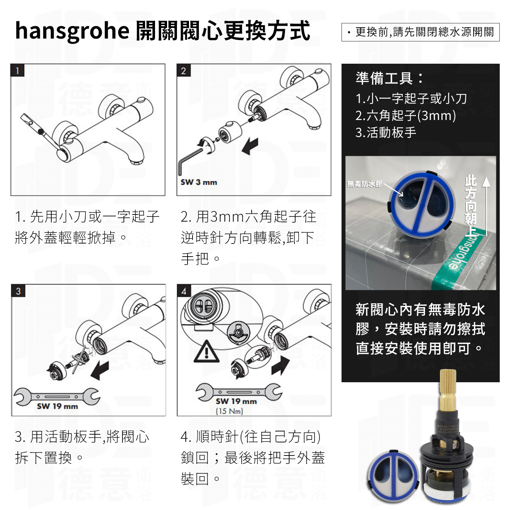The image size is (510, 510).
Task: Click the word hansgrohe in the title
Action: (72, 31)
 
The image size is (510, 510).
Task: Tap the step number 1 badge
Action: (17, 70)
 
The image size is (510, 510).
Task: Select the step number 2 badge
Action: (183, 70)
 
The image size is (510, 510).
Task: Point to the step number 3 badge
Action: (18, 291)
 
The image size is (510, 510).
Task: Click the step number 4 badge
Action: (184, 291)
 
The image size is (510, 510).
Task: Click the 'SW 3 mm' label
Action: (199, 182)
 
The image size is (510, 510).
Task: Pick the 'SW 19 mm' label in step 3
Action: (57, 406)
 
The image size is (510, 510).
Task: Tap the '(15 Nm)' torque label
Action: (229, 411)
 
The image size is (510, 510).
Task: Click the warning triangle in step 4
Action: (206, 352)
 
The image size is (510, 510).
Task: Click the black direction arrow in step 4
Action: (280, 365)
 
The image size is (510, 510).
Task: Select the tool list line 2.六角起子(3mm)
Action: (406, 116)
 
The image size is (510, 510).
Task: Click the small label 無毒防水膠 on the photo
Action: (365, 184)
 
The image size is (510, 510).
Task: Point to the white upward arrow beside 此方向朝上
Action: (486, 205)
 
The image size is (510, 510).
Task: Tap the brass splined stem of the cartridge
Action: (448, 389)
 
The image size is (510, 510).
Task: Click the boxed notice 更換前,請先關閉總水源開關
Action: (420, 32)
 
